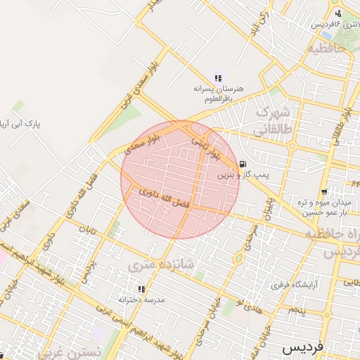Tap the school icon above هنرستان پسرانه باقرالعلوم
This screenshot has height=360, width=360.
pyautogui.click(x=218, y=78)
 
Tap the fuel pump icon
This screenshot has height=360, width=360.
pyautogui.click(x=243, y=162)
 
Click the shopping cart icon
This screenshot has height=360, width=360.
pyautogui.click(x=323, y=192)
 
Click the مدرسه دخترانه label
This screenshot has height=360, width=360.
pyautogui.click(x=141, y=300)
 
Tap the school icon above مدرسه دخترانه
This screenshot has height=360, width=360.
pyautogui.click(x=141, y=289)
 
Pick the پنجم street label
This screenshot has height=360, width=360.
pyautogui.click(x=297, y=310)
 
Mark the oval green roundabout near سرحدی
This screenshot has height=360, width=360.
pyautogui.click(x=238, y=258)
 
